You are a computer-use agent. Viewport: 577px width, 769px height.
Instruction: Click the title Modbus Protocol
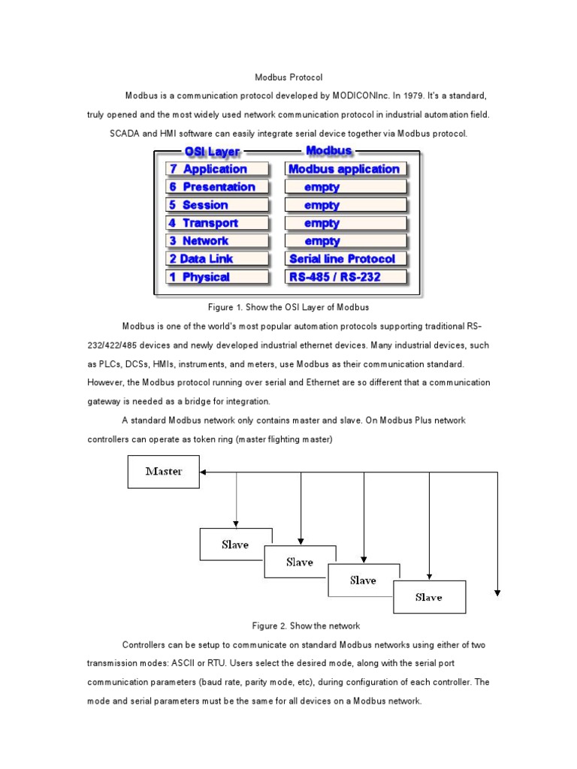click(288, 77)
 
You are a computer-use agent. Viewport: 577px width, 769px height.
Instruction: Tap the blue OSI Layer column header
click(212, 152)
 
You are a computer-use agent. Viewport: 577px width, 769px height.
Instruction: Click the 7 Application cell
click(216, 169)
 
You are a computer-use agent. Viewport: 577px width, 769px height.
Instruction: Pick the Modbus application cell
click(345, 169)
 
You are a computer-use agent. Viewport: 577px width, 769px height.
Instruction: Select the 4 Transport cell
click(216, 223)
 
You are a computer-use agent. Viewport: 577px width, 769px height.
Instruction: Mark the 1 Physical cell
click(216, 277)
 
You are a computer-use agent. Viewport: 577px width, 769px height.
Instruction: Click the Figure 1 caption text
click(288, 307)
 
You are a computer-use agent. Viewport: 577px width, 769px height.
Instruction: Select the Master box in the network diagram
click(163, 472)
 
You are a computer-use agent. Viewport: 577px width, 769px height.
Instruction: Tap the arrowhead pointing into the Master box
click(204, 472)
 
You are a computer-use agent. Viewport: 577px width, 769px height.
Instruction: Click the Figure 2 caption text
click(306, 626)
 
